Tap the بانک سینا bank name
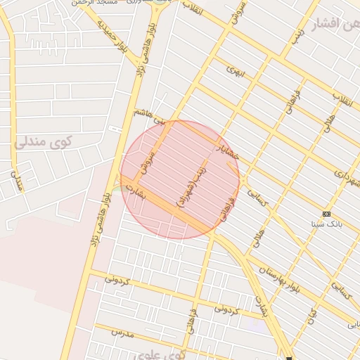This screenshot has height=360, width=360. [x=326, y=224]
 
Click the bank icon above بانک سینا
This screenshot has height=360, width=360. [x=326, y=213]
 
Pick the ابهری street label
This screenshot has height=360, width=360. [x=234, y=72]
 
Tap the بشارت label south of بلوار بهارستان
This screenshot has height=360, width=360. [x=260, y=305]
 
